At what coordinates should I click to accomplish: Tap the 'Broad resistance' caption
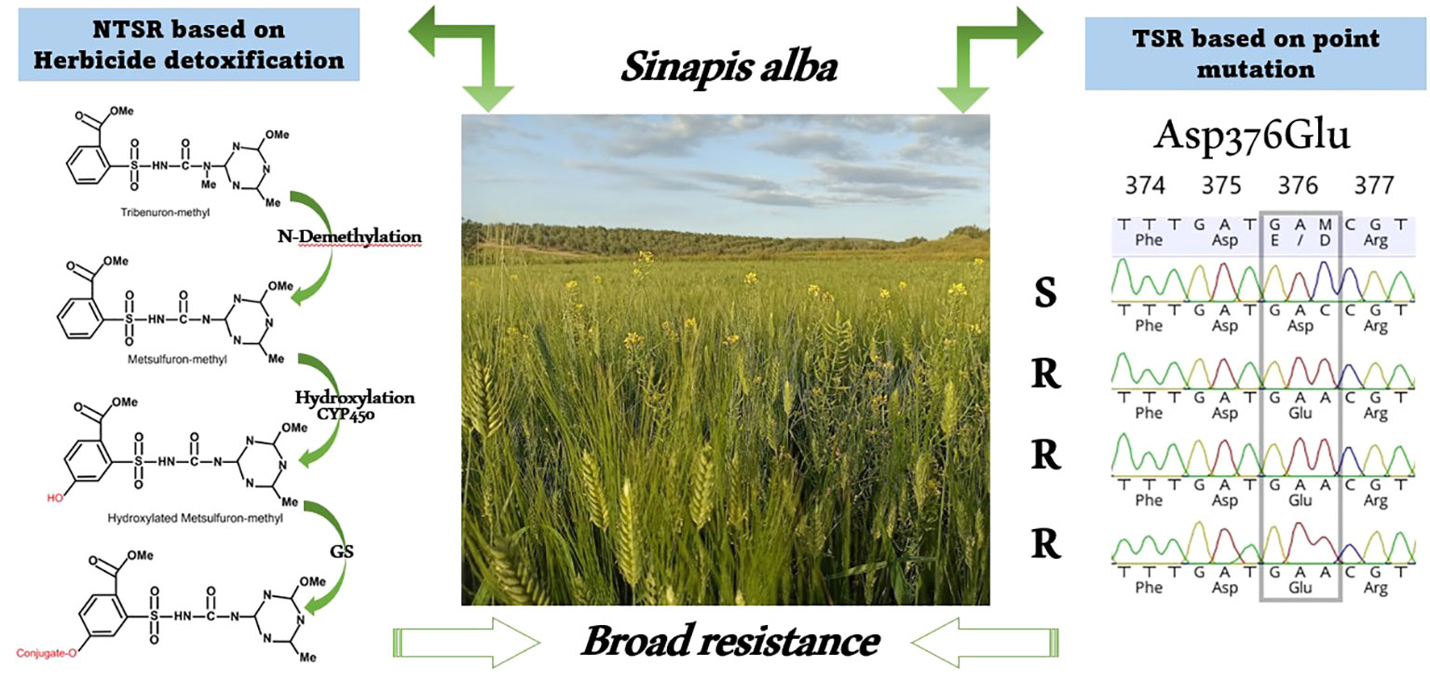point(730,641)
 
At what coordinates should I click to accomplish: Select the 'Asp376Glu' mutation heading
point(1251,136)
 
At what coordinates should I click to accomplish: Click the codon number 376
point(1298,185)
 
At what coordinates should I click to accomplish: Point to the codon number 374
point(1145,185)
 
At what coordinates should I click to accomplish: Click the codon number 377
point(1374,185)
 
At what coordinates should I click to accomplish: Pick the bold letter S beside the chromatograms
point(1045,293)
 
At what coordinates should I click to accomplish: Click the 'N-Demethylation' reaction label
point(349,237)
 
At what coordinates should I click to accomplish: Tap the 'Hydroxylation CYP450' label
point(354,405)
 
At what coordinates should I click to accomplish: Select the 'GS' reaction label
point(342,551)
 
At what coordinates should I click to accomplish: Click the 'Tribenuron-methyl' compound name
point(165,212)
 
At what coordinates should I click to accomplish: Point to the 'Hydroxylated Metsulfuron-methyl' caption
point(196,518)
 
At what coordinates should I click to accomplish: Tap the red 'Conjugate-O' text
point(47,653)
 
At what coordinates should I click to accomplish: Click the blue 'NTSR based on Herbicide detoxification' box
point(189,45)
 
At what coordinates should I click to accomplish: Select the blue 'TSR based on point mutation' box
point(1256,54)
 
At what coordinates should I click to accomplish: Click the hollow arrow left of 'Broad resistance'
point(467,643)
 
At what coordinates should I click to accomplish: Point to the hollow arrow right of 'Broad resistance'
point(985,643)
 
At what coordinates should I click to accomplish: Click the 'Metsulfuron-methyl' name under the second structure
point(178,360)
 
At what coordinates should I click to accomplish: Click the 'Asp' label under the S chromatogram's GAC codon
point(1300,326)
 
